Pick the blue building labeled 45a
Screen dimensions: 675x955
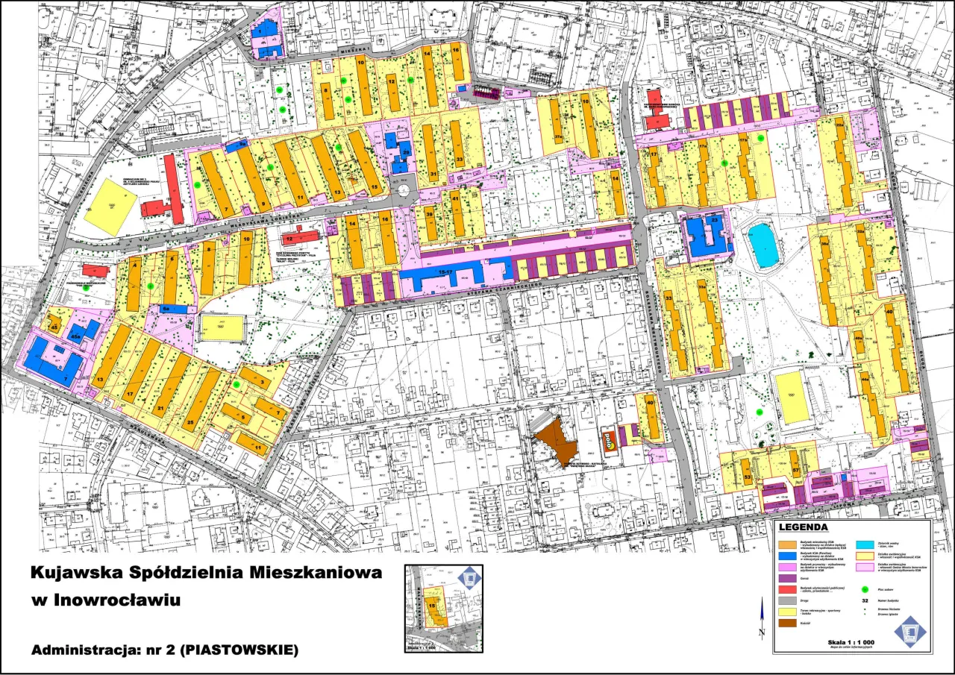point(82,333)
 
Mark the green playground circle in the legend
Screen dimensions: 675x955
point(865,576)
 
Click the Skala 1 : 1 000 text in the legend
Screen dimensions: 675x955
point(851,642)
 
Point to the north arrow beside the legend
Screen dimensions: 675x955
point(761,619)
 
